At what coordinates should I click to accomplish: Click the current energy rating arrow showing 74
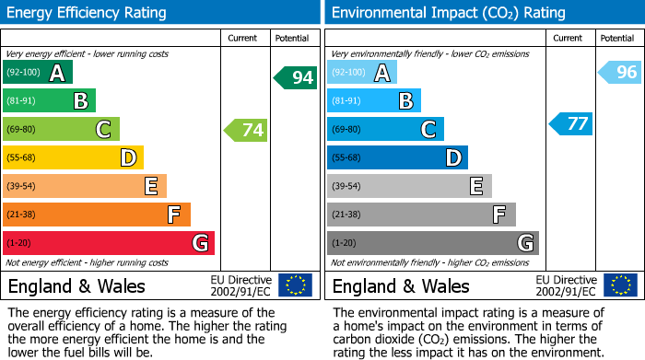click(x=246, y=130)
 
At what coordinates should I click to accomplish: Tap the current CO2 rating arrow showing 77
click(x=571, y=123)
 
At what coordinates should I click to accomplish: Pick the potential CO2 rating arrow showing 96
click(x=620, y=72)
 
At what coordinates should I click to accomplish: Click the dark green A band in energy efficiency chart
click(x=38, y=73)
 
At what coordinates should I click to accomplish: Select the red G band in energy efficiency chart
click(x=109, y=243)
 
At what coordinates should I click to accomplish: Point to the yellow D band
click(x=74, y=158)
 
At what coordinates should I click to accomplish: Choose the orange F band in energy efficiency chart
click(x=97, y=215)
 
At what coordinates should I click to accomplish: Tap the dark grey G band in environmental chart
click(x=432, y=243)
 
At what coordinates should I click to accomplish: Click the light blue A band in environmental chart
click(x=362, y=73)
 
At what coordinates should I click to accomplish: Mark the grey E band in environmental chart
click(x=409, y=186)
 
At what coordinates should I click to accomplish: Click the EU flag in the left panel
click(x=295, y=285)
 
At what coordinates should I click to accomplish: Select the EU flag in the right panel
click(x=620, y=285)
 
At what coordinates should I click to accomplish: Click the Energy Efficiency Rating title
click(x=88, y=13)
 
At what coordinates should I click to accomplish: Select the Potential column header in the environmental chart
click(x=616, y=38)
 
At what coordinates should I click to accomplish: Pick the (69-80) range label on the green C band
click(x=21, y=130)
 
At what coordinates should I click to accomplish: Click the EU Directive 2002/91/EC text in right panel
click(x=567, y=285)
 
